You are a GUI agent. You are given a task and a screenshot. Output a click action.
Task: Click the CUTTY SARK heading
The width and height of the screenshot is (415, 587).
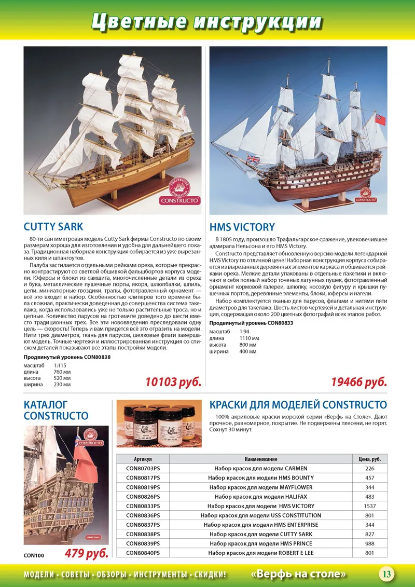pos(53,227)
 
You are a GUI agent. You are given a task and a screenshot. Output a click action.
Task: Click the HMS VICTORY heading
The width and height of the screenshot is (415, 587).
pos(242,227)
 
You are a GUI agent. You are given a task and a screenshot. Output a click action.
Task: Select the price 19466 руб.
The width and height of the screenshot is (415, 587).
pos(359,383)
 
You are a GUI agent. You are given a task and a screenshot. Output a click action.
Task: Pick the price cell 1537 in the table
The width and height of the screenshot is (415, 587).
pos(370,506)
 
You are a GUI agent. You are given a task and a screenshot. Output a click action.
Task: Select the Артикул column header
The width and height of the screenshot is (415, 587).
pos(143,459)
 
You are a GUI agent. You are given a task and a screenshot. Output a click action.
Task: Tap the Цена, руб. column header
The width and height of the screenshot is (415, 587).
pos(370,459)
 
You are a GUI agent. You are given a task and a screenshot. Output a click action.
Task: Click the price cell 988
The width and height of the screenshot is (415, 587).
pos(370,543)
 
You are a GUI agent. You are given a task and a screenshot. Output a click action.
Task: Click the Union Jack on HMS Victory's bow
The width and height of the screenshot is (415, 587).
pos(254,159)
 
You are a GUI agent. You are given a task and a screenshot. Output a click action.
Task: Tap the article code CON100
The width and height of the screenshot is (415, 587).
pos(34,555)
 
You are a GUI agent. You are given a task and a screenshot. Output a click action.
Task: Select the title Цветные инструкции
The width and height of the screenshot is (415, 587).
pos(207,21)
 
